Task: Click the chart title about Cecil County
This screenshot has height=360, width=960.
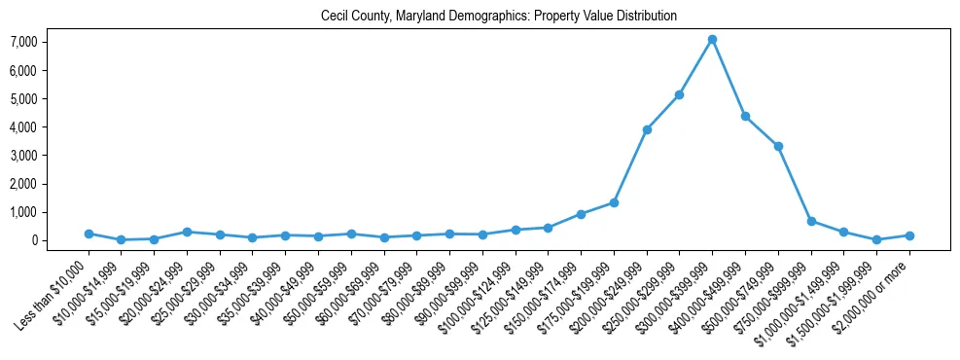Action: coord(498,17)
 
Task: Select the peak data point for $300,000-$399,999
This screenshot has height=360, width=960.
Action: coord(712,39)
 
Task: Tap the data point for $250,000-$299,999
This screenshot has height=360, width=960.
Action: coord(679,94)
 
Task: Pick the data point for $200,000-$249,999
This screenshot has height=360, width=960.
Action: coord(647,129)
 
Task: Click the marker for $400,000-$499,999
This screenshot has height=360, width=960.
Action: coord(745,116)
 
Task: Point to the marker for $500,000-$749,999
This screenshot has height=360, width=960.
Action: coord(778,146)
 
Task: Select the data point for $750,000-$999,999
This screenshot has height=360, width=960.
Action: coord(811,221)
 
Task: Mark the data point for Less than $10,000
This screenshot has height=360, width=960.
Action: coord(89,234)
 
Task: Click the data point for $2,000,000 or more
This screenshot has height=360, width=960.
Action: coord(909,235)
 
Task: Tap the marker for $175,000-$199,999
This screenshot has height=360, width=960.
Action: coord(614,202)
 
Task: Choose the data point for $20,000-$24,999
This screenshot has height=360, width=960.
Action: coord(187,232)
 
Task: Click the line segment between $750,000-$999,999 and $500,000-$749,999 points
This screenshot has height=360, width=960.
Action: coord(795,184)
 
